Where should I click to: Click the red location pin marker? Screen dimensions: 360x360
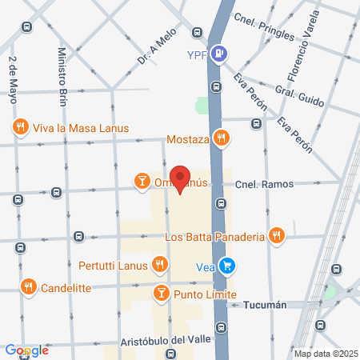pos(180,180)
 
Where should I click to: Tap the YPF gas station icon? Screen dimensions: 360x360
pos(221,55)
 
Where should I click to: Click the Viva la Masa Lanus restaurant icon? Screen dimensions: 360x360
pos(20,126)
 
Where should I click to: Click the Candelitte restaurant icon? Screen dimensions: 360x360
pos(29,286)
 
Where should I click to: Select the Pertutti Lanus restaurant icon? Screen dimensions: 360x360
pos(160,264)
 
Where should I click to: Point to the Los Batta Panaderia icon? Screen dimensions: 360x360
pos(276,236)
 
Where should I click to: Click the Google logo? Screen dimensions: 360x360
pos(27,350)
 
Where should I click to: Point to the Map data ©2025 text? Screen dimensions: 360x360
pos(324,354)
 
